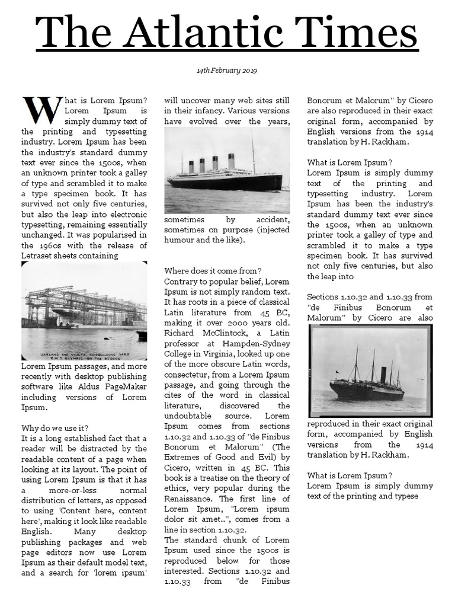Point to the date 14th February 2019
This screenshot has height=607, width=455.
coord(227,71)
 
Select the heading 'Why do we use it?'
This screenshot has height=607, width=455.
coord(55,428)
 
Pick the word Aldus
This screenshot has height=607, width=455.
coord(82,386)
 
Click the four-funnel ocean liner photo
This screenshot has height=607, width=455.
coord(227,170)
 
